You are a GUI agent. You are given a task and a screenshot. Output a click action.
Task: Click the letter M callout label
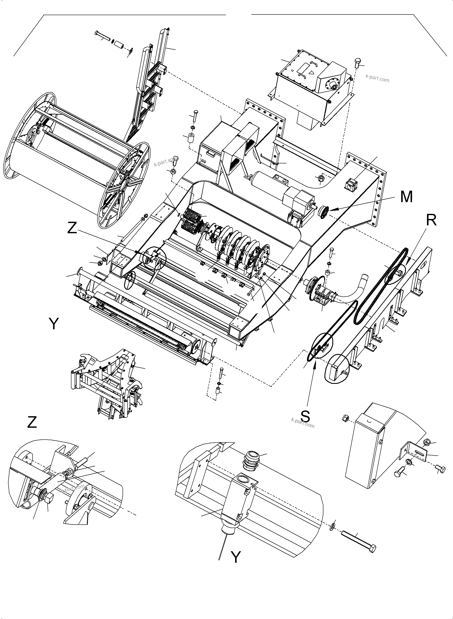coord(406,197)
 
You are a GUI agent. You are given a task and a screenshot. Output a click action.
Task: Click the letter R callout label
coord(431,220)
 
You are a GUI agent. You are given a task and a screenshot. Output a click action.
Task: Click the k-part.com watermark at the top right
coord(377,78)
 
